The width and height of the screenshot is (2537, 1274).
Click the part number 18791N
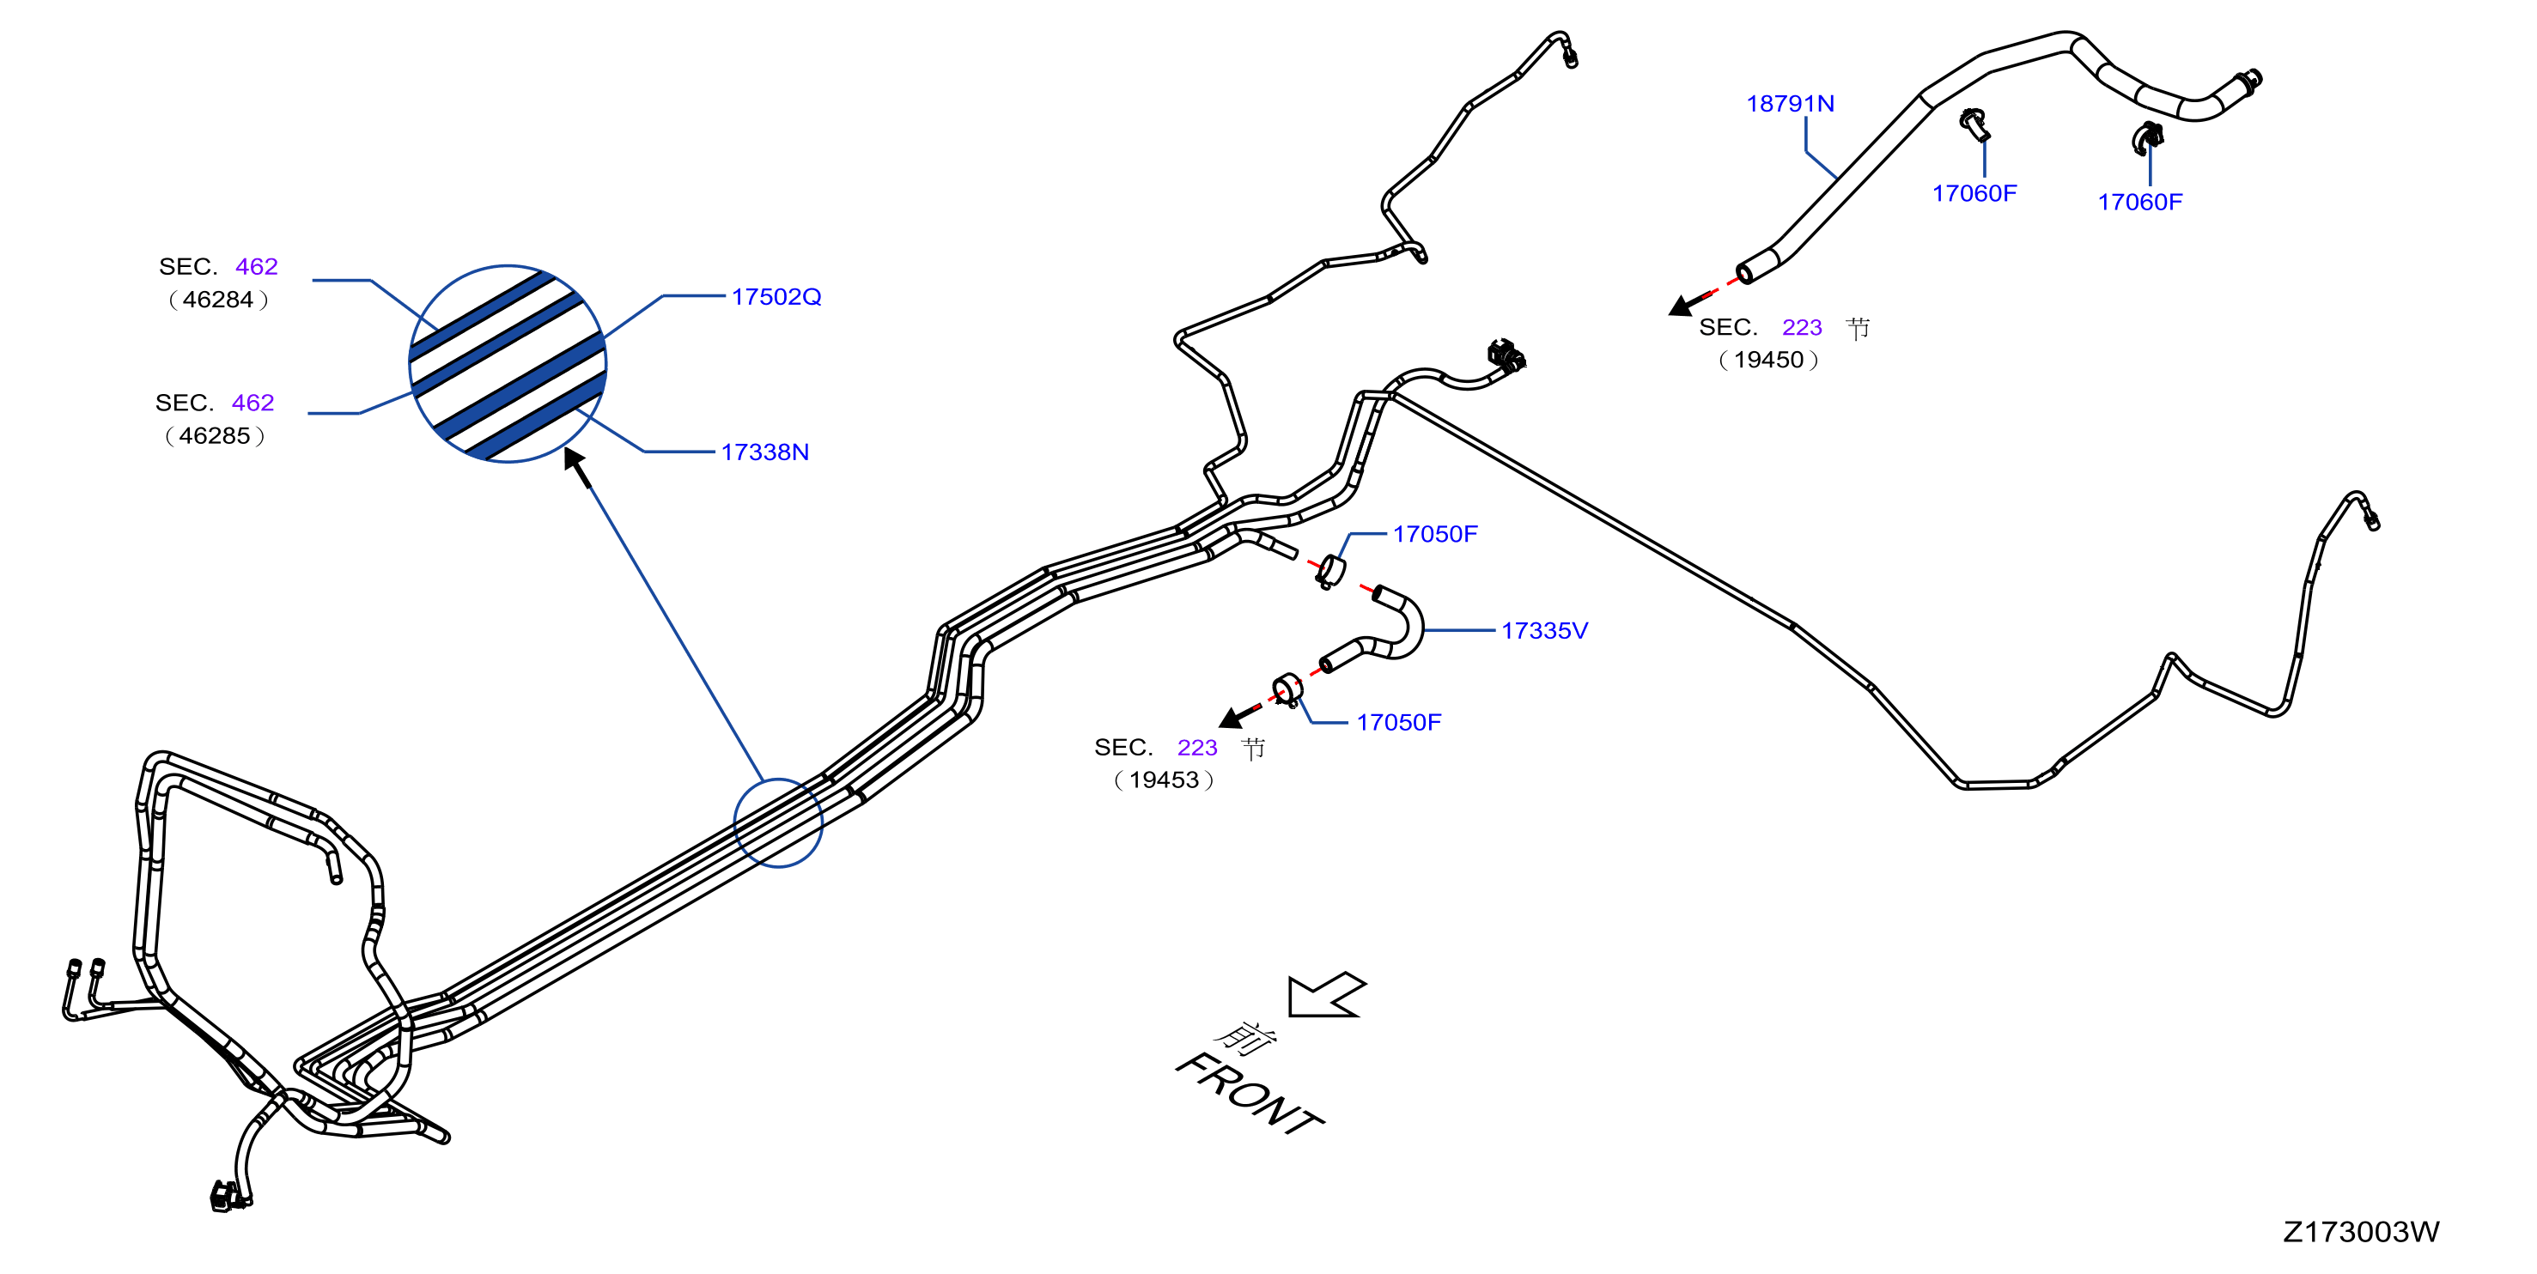pyautogui.click(x=1790, y=103)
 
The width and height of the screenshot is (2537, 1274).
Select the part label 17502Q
pyautogui.click(x=776, y=296)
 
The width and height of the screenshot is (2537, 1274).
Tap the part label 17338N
pyautogui.click(x=764, y=452)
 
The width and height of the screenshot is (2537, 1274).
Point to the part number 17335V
pyautogui.click(x=1544, y=630)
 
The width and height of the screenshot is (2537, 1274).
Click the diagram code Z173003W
pyautogui.click(x=2361, y=1232)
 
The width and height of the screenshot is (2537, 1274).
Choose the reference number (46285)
pyautogui.click(x=215, y=435)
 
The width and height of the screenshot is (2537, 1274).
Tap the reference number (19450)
pyautogui.click(x=1767, y=360)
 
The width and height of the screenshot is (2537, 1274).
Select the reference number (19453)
pyautogui.click(x=1163, y=780)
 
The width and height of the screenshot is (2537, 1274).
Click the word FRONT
pyautogui.click(x=1250, y=1093)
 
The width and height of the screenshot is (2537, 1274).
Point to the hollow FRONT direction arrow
pyautogui.click(x=1328, y=994)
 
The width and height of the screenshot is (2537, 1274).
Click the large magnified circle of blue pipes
pyautogui.click(x=508, y=363)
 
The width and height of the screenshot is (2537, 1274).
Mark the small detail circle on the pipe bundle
pyautogui.click(x=778, y=823)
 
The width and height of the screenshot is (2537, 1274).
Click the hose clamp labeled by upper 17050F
pyautogui.click(x=1330, y=571)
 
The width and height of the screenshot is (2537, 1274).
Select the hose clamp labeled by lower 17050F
pyautogui.click(x=1288, y=689)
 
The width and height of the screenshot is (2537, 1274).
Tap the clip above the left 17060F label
pyautogui.click(x=1974, y=124)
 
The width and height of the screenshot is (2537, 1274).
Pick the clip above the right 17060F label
pyautogui.click(x=2147, y=138)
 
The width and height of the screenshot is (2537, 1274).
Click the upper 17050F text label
pyautogui.click(x=1435, y=534)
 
